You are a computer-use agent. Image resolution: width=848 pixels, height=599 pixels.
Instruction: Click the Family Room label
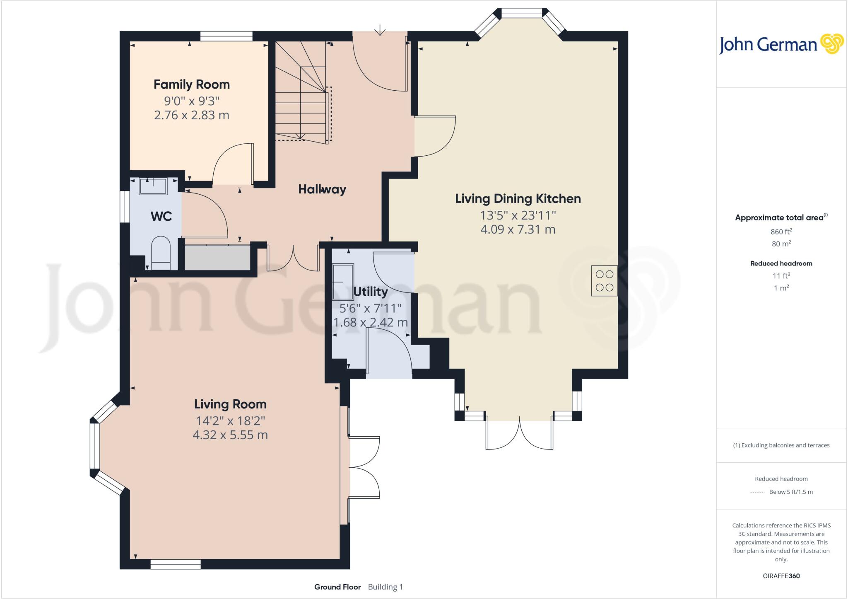191,85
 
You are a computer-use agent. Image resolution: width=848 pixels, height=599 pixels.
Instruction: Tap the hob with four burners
604,281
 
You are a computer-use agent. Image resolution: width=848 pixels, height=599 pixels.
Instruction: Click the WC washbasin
153,186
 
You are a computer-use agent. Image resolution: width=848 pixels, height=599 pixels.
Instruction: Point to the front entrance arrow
380,30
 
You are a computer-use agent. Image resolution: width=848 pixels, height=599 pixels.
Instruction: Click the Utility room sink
343,281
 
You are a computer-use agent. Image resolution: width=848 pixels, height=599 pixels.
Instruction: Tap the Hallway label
322,189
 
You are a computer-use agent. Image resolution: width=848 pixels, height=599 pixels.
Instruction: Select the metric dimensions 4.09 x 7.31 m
518,229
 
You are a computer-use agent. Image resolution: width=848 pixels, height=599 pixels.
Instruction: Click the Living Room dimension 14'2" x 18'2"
230,421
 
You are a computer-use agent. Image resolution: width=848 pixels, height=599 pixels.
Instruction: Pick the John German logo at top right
781,44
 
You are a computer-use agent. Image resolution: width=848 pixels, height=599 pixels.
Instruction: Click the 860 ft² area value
781,232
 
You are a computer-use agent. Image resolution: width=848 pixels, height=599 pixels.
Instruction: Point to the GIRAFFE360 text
781,576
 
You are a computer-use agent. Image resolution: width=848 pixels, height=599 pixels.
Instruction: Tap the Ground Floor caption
337,587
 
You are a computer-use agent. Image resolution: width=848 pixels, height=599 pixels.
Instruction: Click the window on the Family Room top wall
226,36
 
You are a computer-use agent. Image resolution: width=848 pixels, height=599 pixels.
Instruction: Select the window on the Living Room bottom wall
176,564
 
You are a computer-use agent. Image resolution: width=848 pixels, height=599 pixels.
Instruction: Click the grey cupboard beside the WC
217,258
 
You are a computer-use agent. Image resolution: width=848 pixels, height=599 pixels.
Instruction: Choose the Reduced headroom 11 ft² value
781,275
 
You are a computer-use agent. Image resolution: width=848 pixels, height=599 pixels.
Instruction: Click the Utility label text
370,292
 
